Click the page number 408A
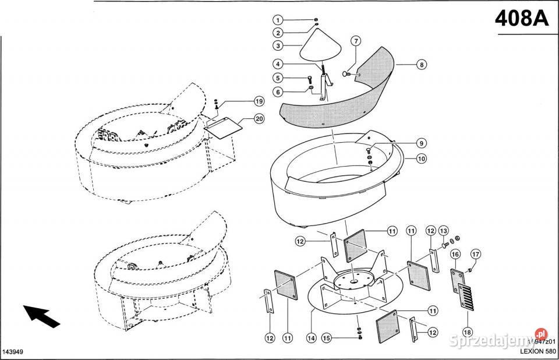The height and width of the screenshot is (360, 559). click(522, 19)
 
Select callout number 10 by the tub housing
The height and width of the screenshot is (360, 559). click(421, 158)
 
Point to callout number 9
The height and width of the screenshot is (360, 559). click(421, 143)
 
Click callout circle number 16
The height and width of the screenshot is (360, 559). click(455, 254)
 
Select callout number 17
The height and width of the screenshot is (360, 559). click(476, 253)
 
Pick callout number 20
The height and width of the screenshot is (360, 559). click(259, 119)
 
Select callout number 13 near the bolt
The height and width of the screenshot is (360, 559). click(443, 231)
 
